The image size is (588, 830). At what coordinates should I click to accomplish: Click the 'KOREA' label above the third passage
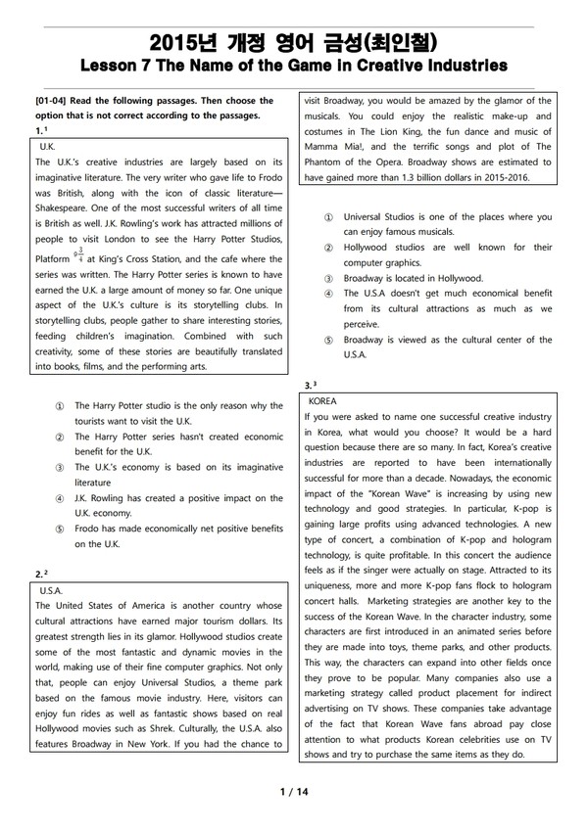(x=322, y=401)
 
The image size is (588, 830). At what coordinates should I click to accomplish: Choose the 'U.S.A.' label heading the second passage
(x=51, y=591)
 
